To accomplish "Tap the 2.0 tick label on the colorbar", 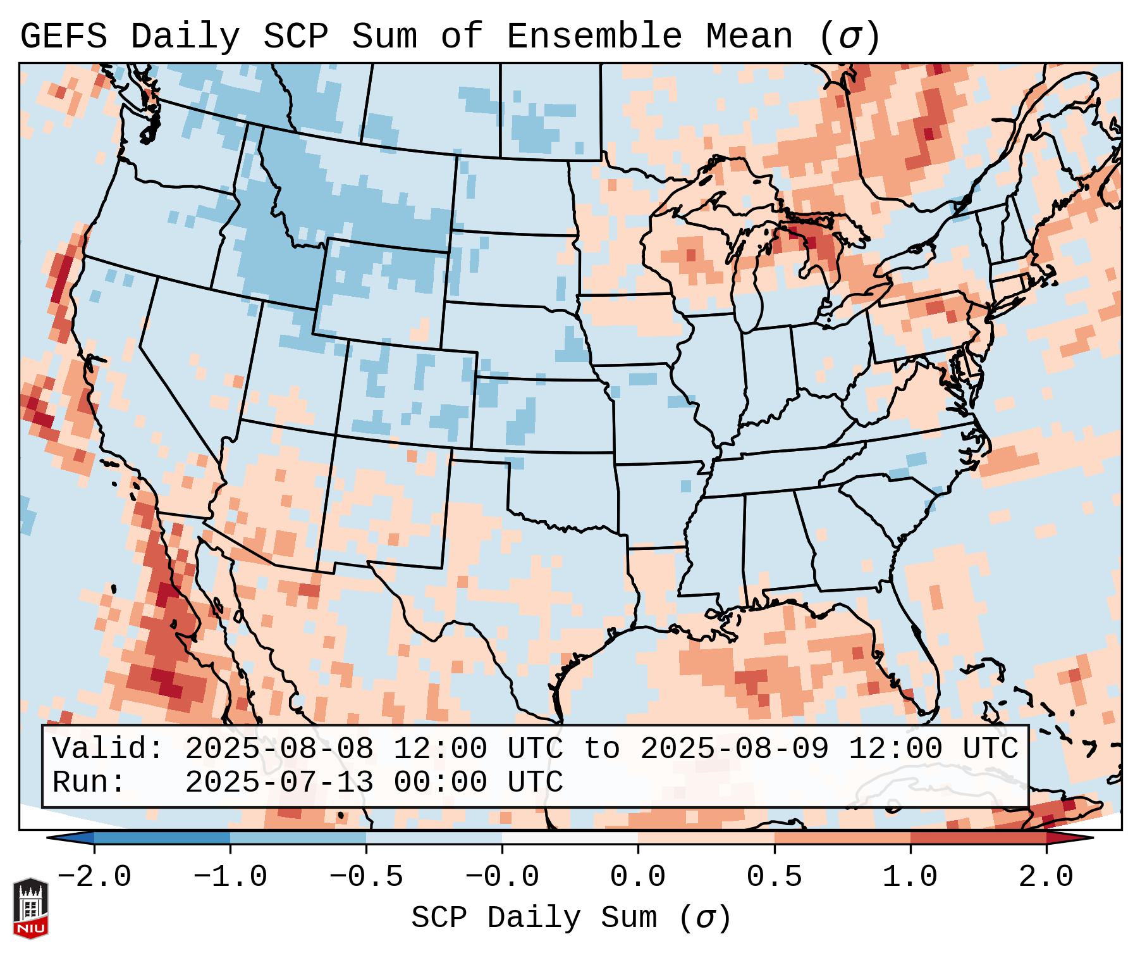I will pyautogui.click(x=1046, y=877).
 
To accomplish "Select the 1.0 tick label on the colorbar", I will pyautogui.click(x=910, y=877).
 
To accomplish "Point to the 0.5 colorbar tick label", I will pyautogui.click(x=774, y=877).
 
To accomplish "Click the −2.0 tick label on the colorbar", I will pyautogui.click(x=94, y=877).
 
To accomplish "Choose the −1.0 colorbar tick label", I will pyautogui.click(x=230, y=877).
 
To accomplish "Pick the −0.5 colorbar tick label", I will pyautogui.click(x=366, y=877).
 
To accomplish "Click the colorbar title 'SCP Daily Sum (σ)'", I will pyautogui.click(x=571, y=918).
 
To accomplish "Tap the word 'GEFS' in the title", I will pyautogui.click(x=64, y=37).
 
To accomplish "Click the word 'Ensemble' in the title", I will pyautogui.click(x=594, y=37).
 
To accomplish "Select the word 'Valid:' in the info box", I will pyautogui.click(x=108, y=749).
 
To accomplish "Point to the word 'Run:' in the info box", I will pyautogui.click(x=89, y=782).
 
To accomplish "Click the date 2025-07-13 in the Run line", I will pyautogui.click(x=279, y=782).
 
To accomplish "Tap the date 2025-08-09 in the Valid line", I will pyautogui.click(x=734, y=749).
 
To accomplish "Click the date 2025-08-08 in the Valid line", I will pyautogui.click(x=279, y=749).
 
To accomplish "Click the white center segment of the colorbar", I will pyautogui.click(x=570, y=838).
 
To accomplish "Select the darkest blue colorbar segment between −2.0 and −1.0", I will pyautogui.click(x=162, y=838).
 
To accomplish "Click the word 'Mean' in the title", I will pyautogui.click(x=749, y=37).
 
